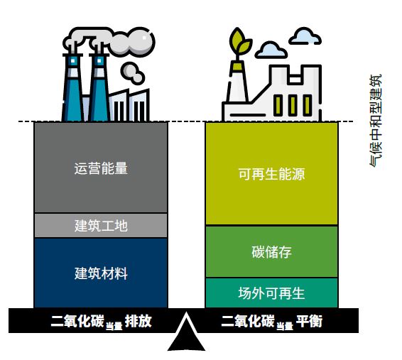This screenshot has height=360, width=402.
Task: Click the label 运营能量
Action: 101,168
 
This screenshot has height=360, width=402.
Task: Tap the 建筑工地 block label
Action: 101,226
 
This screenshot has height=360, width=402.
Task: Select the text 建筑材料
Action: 101,273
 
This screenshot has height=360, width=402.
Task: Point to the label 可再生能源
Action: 272,174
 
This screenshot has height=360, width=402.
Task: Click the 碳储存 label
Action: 272,252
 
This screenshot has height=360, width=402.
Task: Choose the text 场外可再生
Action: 272,293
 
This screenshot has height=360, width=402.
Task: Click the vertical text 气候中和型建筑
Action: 376,121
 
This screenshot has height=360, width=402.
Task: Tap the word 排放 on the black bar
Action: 138,321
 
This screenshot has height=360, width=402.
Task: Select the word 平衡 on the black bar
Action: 309,321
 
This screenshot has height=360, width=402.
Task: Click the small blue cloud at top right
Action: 305,36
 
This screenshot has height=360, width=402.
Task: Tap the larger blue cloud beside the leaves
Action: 271,50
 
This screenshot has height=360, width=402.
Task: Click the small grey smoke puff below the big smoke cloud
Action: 132,73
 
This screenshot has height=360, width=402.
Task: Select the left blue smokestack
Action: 73,87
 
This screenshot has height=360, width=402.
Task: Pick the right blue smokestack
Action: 99,87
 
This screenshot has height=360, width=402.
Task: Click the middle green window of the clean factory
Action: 293,105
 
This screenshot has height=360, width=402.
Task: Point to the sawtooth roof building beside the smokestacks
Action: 129,105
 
